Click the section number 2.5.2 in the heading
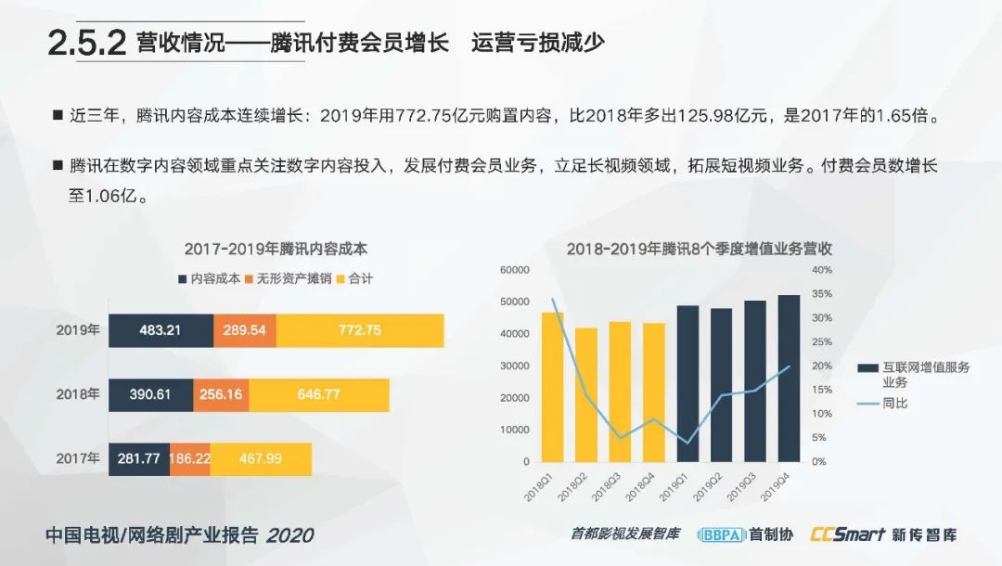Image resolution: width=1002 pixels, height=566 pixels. pos(86,44)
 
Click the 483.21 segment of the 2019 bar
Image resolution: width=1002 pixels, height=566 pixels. pos(161,330)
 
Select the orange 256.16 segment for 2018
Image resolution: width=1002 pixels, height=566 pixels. pos(221,394)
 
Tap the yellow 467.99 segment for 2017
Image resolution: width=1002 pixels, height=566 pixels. pos(261,458)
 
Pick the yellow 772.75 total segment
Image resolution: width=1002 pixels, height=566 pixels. pos(359,330)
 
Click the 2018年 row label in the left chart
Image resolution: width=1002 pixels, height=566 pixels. pos(77,394)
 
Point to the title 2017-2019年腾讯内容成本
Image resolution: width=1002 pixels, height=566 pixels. pos(276,249)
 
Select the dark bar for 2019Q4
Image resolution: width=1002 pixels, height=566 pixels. pos(789,379)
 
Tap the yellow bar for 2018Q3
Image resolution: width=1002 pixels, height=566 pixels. pos(620,392)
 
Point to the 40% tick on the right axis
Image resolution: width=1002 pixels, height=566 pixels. pos(822,270)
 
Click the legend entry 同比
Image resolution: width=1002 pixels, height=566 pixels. pos(894,405)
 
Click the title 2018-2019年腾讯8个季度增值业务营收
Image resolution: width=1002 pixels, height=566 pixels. pos(699,249)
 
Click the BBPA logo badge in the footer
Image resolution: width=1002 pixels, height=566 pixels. pos(720,534)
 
